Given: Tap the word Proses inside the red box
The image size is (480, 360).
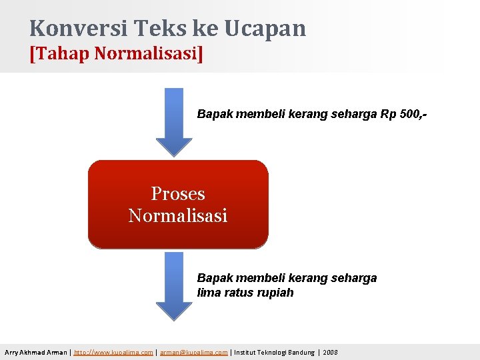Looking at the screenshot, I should point(178,193).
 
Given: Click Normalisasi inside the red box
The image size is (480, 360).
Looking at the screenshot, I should point(178,216).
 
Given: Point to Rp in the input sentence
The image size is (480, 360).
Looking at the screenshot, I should point(388,114).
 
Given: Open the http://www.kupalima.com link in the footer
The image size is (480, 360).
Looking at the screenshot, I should point(115,352).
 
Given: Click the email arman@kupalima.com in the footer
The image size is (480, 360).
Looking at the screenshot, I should point(193,352).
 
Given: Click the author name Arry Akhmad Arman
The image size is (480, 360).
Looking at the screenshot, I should point(35,352).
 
